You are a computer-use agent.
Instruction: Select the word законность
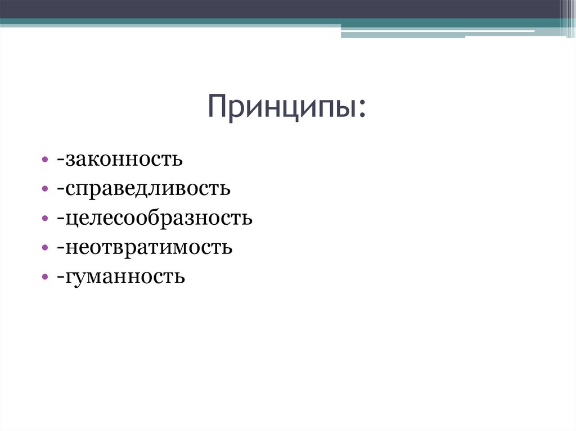click(x=124, y=160)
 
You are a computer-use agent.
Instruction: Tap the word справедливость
click(x=148, y=189)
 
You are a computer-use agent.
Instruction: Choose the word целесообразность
click(x=159, y=218)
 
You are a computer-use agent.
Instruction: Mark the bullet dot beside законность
click(x=44, y=161)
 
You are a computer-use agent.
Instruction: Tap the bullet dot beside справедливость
click(x=44, y=190)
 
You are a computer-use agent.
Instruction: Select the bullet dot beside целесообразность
click(x=44, y=219)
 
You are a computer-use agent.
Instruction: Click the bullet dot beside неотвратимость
click(x=44, y=248)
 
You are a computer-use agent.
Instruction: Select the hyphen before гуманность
click(x=59, y=279)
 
